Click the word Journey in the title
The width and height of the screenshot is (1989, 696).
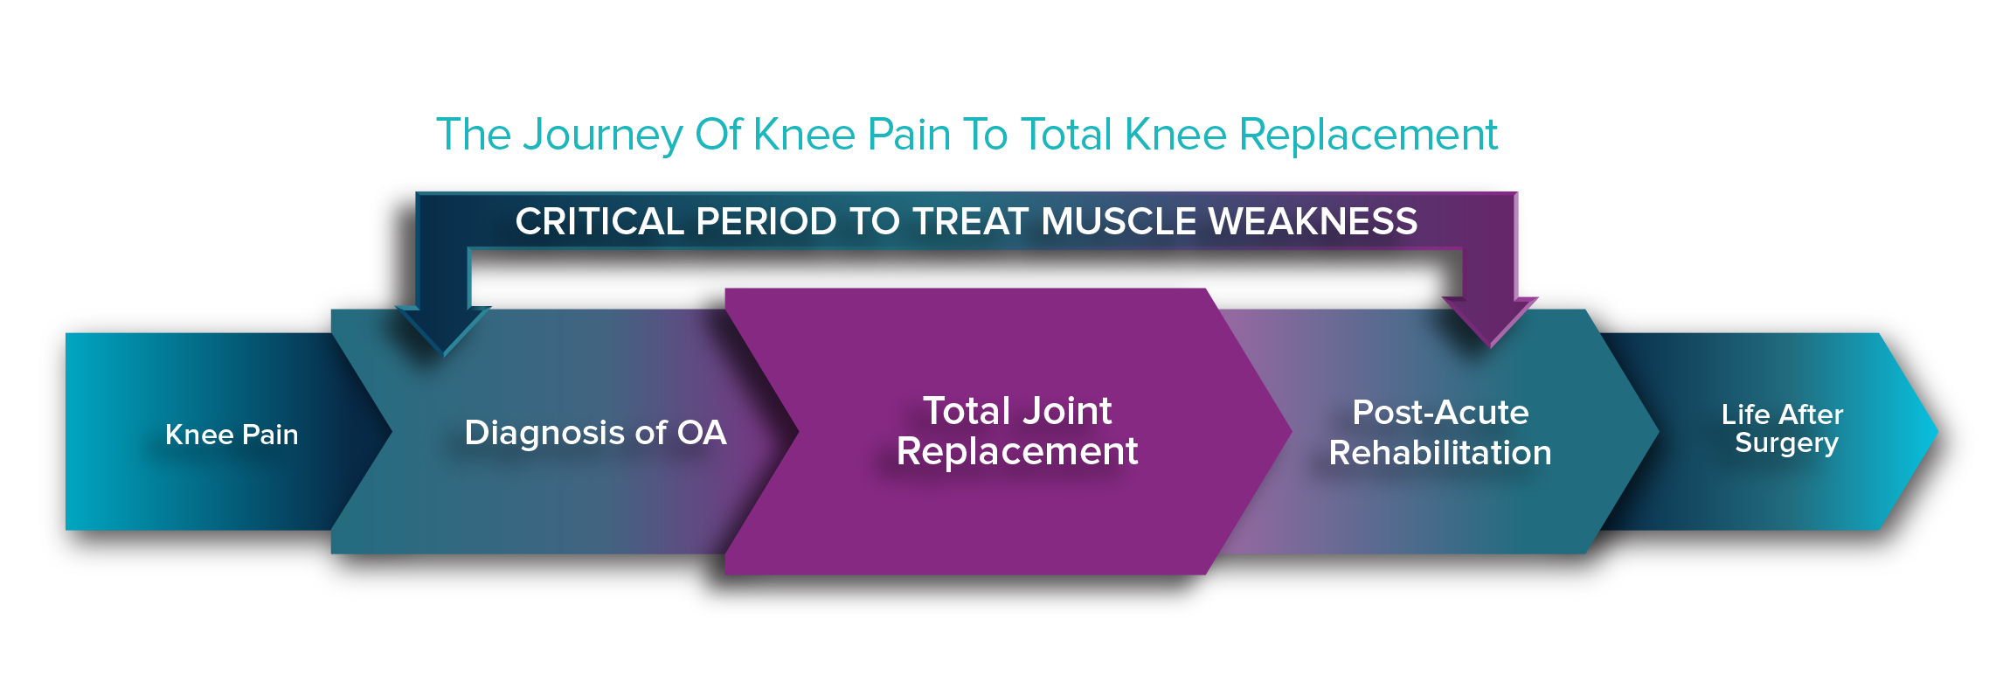[603, 136]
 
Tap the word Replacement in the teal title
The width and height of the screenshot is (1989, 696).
[1369, 136]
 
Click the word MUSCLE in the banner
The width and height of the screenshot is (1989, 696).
[1119, 221]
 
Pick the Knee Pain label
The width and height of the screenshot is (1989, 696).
[232, 435]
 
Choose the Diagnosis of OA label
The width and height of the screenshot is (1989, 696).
[595, 433]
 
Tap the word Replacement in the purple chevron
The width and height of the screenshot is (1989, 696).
[1017, 452]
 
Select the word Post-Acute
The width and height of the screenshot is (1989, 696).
[1440, 413]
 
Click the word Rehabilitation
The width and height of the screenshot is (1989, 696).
[1440, 453]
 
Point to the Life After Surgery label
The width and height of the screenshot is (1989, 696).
[1783, 428]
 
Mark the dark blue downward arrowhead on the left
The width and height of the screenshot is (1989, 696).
[443, 330]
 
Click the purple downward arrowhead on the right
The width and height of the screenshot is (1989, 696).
[1490, 322]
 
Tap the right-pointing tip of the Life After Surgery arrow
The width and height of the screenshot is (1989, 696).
[1937, 431]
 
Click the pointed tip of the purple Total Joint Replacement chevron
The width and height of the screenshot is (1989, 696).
[1292, 430]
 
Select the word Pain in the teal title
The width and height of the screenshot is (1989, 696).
[909, 136]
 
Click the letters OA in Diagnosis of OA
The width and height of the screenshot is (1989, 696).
[702, 433]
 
